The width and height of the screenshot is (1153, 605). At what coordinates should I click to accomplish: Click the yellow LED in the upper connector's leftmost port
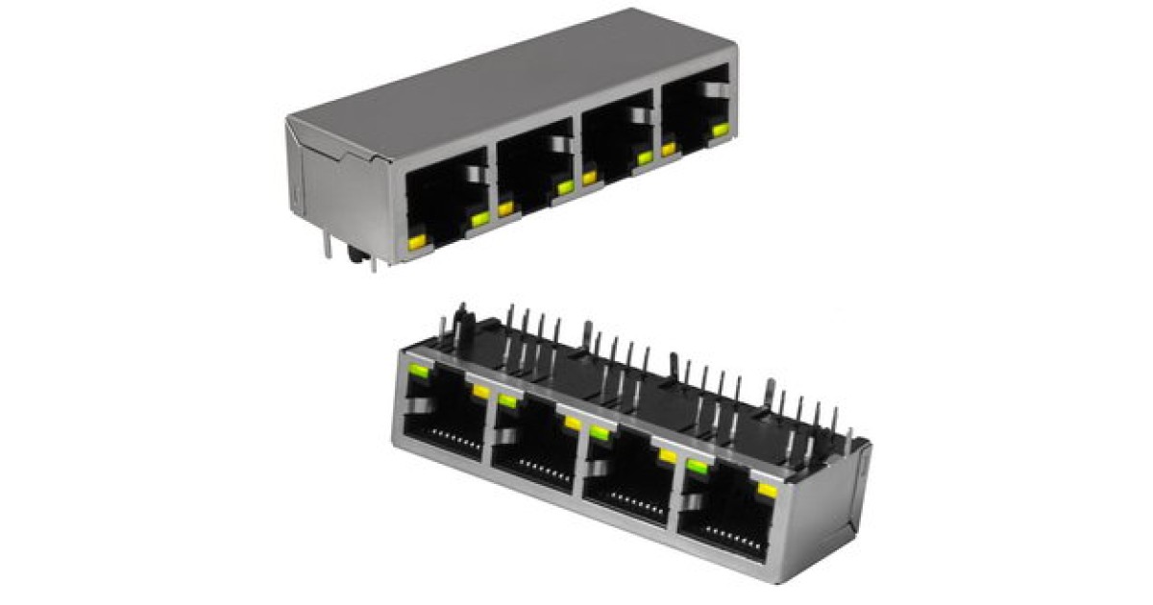click(x=417, y=243)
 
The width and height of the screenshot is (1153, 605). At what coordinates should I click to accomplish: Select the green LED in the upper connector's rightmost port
click(x=716, y=128)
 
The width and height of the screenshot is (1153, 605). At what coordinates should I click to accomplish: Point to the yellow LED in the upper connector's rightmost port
click(x=669, y=148)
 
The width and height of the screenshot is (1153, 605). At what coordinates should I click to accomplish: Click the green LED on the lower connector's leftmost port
click(x=418, y=371)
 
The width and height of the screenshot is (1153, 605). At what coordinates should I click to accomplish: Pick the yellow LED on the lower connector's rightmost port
click(x=767, y=492)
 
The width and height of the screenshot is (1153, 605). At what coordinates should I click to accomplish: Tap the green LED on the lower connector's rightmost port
click(x=696, y=468)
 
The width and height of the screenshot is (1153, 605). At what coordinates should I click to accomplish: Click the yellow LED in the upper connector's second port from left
click(x=505, y=207)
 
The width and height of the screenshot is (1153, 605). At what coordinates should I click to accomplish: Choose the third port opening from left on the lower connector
click(x=628, y=485)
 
